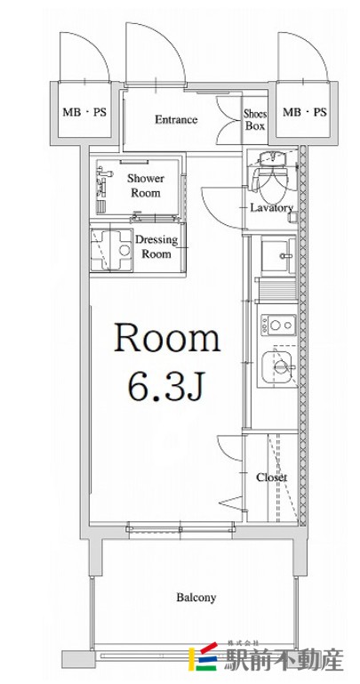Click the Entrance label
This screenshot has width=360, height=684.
176,119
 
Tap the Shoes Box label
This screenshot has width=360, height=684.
255,120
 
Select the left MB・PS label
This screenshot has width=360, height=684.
84,113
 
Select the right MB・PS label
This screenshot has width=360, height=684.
305,113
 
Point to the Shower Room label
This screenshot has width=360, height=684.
146,185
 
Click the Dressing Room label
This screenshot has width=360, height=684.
156,247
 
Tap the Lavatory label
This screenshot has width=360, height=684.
271,207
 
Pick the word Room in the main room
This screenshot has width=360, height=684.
167,338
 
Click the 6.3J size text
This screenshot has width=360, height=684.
165,386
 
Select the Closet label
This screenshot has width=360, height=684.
271,478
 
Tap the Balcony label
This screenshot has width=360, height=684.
196,597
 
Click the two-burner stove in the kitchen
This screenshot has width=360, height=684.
278,325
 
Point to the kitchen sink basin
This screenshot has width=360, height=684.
279,366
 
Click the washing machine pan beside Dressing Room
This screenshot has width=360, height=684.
111,250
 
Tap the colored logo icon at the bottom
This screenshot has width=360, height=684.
203,656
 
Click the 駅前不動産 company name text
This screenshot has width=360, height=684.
284,660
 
